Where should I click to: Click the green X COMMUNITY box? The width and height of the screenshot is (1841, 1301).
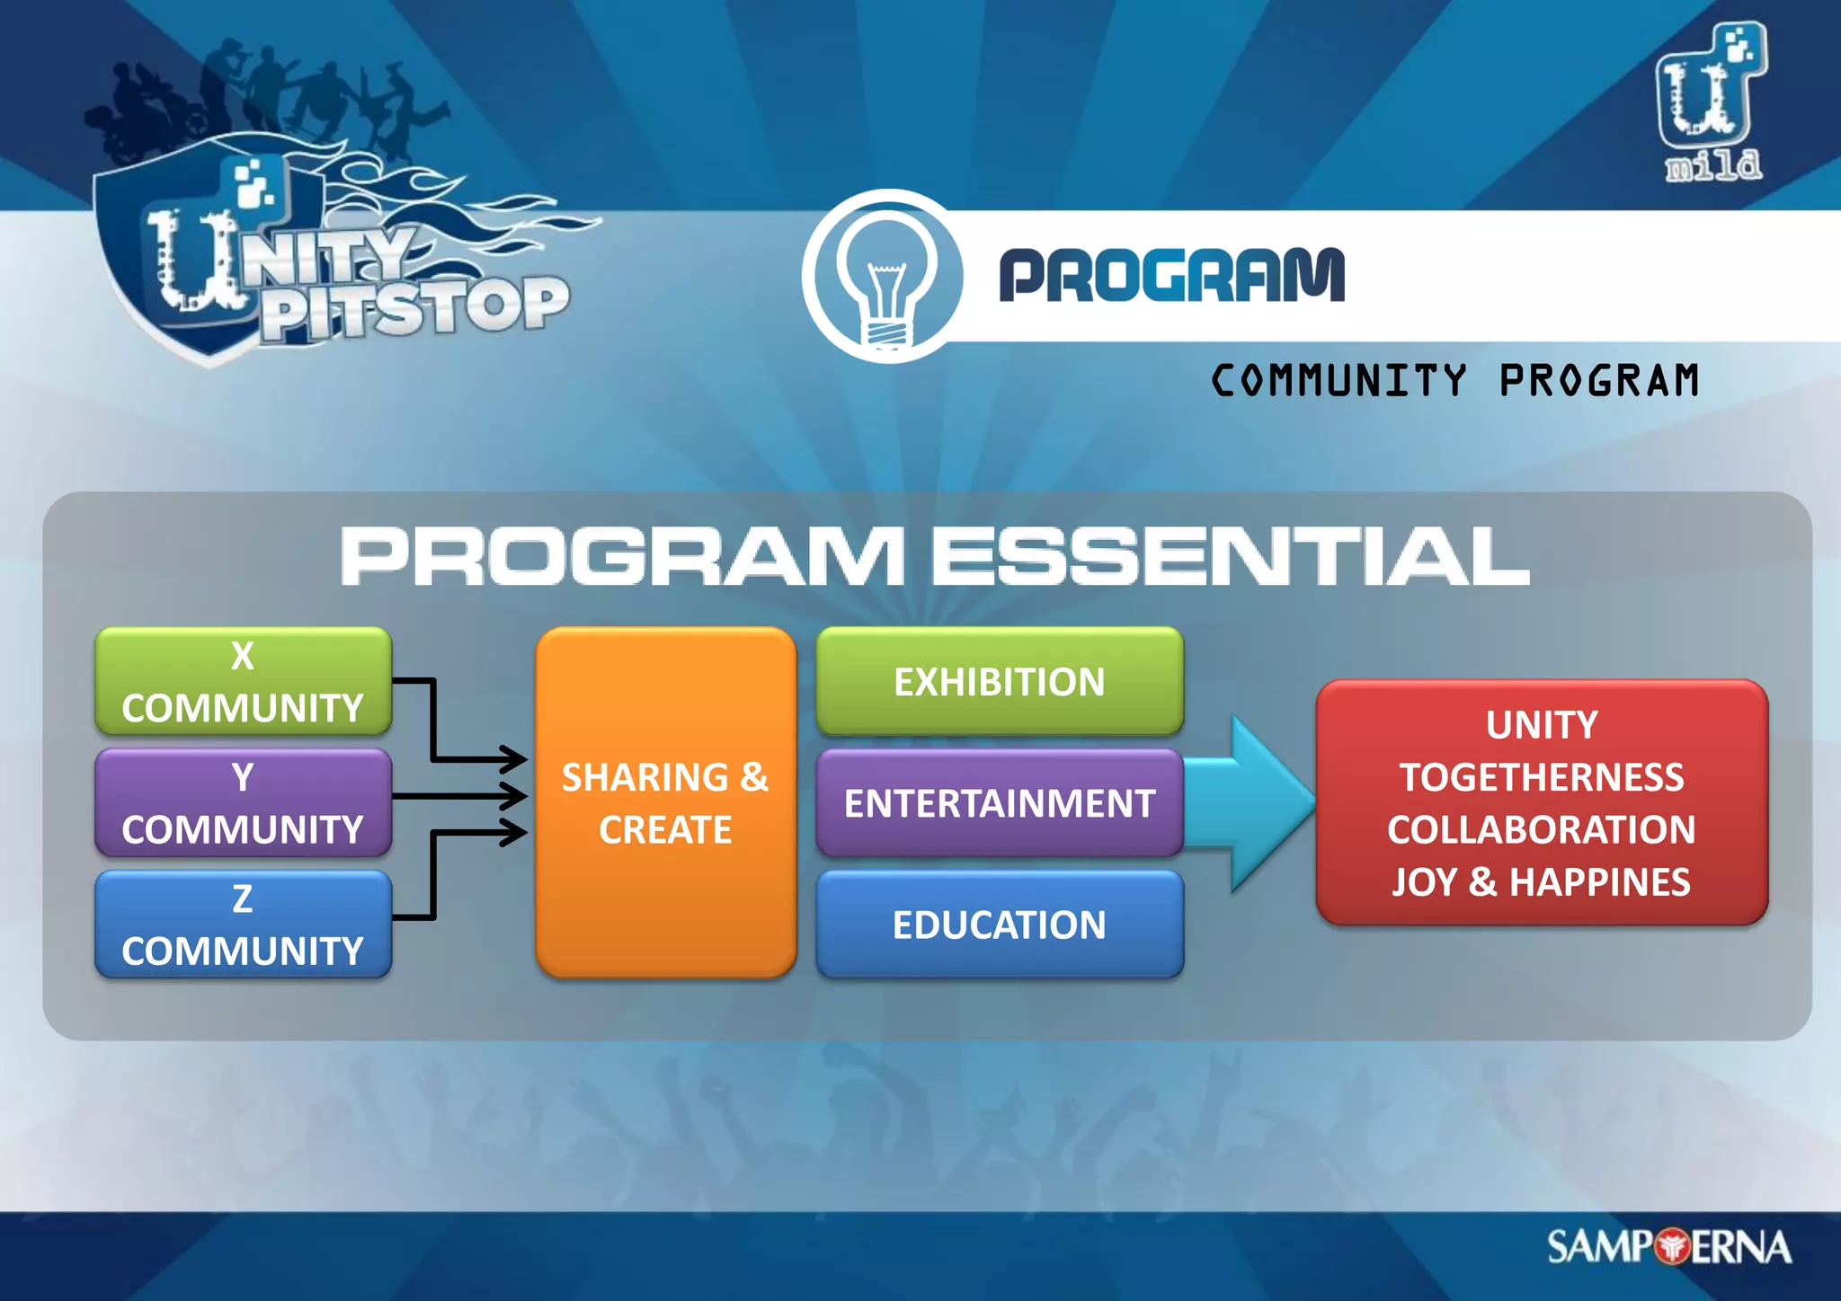tap(243, 681)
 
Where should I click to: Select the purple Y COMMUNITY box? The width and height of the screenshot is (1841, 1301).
tap(243, 802)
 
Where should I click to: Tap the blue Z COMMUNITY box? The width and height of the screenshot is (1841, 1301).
tap(243, 924)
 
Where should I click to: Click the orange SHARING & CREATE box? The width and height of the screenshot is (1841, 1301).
tap(665, 802)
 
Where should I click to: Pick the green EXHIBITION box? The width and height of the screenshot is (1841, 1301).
tap(999, 681)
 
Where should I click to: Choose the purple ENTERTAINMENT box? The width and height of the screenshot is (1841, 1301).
tap(999, 802)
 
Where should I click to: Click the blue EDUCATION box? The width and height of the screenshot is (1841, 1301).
tap(999, 924)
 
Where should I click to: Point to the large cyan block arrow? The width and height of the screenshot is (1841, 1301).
tap(1258, 802)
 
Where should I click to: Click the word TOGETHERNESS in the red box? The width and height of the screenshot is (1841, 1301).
tap(1541, 777)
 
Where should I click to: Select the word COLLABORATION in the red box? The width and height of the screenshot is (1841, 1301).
tap(1541, 829)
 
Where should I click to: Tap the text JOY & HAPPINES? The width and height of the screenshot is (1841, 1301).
tap(1541, 882)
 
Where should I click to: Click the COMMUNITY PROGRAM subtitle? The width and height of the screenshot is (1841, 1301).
tap(1454, 380)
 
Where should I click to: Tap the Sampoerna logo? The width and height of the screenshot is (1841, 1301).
tap(1668, 1247)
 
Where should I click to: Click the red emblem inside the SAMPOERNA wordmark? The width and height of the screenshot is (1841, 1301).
tap(1671, 1247)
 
